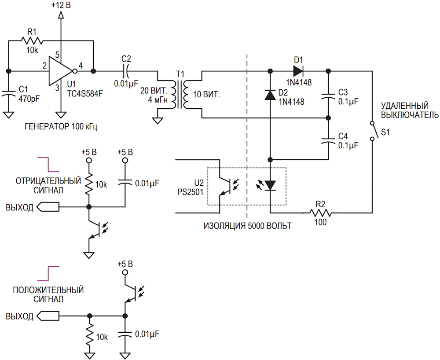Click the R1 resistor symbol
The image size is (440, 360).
[32, 41]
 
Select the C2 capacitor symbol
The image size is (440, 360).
[126, 71]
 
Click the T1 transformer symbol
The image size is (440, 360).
[180, 95]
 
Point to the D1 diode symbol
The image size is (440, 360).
[298, 71]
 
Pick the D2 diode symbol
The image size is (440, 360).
[270, 95]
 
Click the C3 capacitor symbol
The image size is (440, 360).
[328, 96]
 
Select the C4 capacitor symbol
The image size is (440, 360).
[328, 140]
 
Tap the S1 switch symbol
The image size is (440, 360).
[374, 131]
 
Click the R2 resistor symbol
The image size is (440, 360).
[320, 213]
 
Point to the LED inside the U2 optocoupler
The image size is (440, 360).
[270, 185]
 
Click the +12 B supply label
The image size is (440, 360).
[61, 5]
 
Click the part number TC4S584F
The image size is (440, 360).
[85, 93]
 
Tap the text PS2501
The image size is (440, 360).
[190, 192]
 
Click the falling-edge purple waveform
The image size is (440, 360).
[48, 165]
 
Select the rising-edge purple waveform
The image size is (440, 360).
[48, 273]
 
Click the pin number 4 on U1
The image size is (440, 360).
[81, 66]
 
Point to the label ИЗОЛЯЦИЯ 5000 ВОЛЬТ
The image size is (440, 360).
[247, 226]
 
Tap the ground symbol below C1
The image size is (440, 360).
[8, 115]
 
